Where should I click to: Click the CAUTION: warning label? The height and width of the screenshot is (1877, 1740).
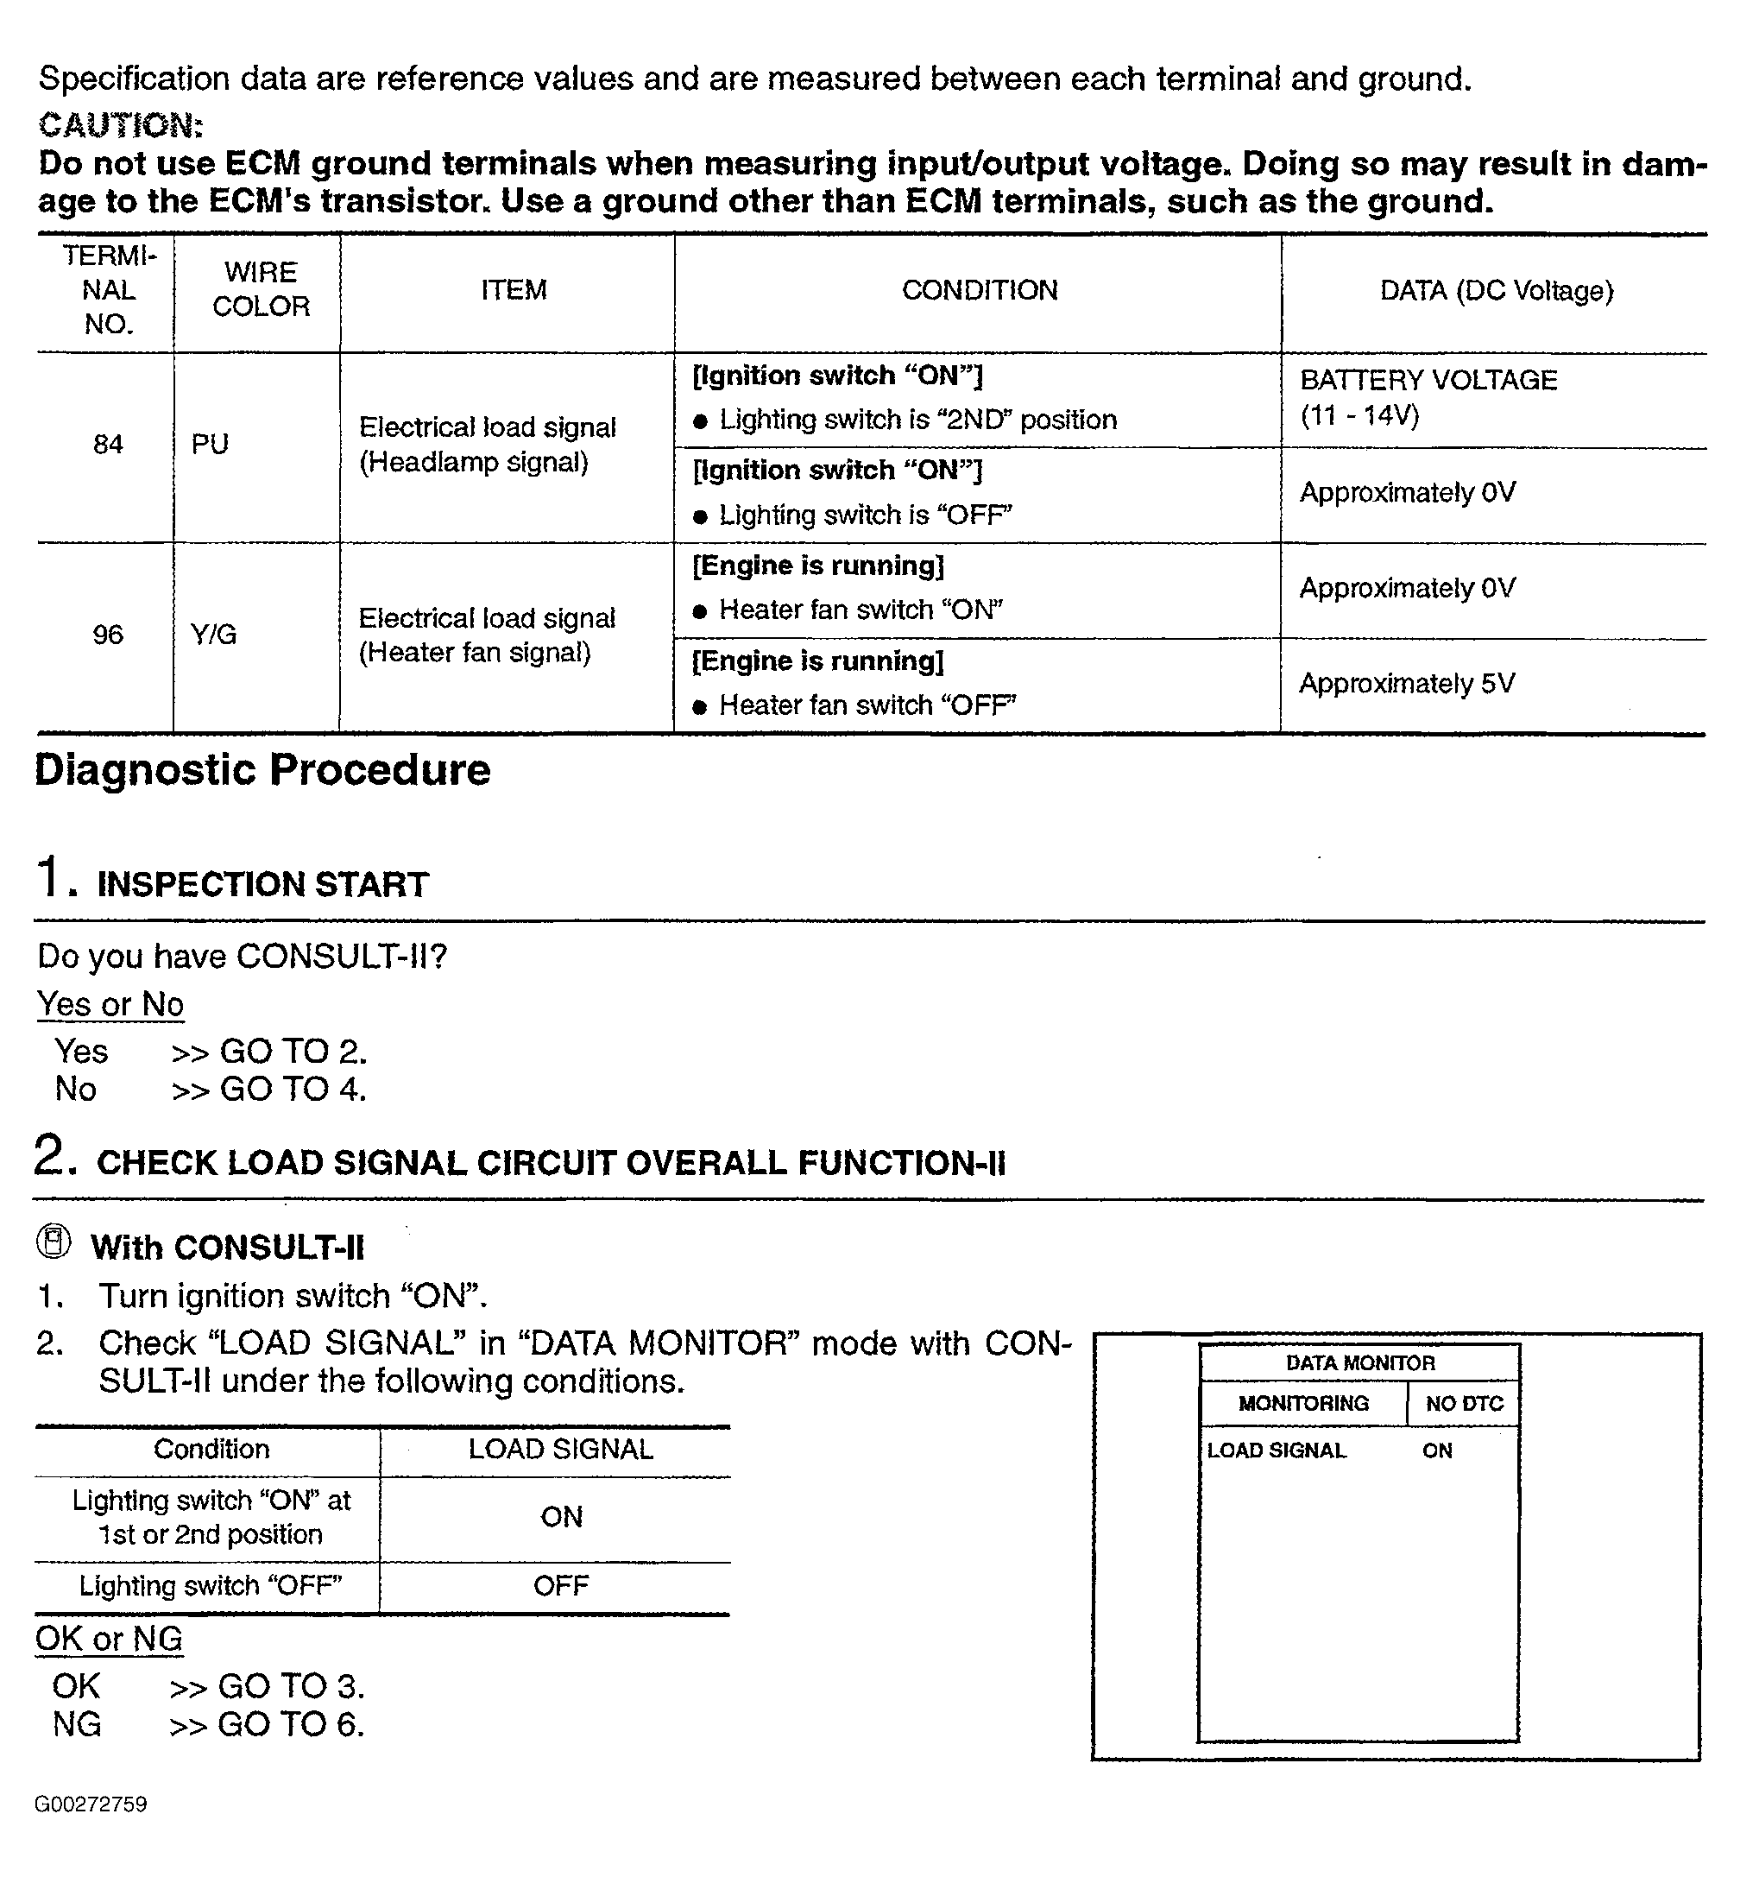pyautogui.click(x=121, y=125)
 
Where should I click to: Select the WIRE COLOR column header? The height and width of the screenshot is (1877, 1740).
pyautogui.click(x=261, y=289)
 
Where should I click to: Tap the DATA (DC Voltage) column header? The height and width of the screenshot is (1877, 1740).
pyautogui.click(x=1495, y=290)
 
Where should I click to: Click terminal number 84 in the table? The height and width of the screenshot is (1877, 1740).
pyautogui.click(x=108, y=444)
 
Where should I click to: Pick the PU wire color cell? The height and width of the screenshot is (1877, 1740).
pyautogui.click(x=210, y=444)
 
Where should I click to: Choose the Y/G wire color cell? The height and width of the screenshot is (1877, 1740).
pyautogui.click(x=214, y=635)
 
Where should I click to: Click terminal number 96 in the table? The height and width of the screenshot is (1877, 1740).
pyautogui.click(x=108, y=635)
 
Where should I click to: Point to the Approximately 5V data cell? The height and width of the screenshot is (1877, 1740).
pyautogui.click(x=1407, y=684)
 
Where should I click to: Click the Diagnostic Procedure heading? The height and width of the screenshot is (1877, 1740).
pyautogui.click(x=262, y=769)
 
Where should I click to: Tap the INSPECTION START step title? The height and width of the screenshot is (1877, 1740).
pyautogui.click(x=262, y=884)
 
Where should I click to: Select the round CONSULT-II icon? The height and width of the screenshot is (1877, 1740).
pyautogui.click(x=54, y=1242)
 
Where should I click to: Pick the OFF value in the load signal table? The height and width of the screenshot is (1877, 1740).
pyautogui.click(x=561, y=1586)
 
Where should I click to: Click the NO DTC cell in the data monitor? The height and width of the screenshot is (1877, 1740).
pyautogui.click(x=1464, y=1404)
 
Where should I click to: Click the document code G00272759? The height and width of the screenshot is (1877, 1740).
pyautogui.click(x=91, y=1804)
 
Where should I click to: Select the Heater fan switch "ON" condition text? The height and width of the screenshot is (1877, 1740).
pyautogui.click(x=860, y=610)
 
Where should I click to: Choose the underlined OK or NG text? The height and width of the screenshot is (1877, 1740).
pyautogui.click(x=110, y=1639)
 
